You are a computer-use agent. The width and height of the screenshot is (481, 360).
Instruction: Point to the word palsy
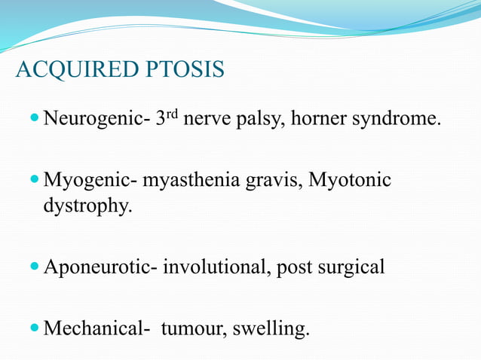[258, 119]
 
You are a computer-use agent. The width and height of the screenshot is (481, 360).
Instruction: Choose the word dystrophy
[87, 205]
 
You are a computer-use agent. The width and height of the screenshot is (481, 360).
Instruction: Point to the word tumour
[198, 329]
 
